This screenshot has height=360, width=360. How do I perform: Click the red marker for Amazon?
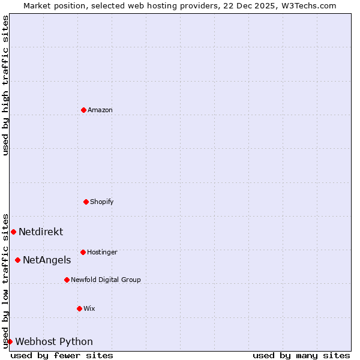click(83, 110)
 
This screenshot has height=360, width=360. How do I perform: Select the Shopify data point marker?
click(86, 202)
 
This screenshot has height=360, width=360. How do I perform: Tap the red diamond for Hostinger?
click(83, 252)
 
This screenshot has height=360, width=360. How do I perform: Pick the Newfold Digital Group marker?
click(67, 280)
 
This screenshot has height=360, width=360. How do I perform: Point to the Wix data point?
click(79, 308)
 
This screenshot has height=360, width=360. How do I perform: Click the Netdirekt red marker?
click(13, 232)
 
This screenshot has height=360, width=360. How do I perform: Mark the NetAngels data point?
click(17, 260)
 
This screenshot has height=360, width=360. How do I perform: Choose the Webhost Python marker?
click(10, 341)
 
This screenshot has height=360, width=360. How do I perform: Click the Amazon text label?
click(100, 110)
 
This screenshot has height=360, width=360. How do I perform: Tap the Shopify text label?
click(102, 202)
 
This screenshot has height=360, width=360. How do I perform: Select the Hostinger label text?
click(102, 252)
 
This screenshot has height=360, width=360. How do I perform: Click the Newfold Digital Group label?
click(106, 280)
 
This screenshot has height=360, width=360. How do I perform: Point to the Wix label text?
click(89, 308)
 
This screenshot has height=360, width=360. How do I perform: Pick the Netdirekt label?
click(41, 232)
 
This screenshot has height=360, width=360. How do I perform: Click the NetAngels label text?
click(47, 260)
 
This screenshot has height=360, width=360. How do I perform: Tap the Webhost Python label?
click(54, 341)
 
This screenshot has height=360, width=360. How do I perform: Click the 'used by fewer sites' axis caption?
click(62, 355)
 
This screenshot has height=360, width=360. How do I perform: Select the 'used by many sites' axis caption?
click(301, 355)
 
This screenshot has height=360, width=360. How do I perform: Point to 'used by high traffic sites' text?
click(5, 85)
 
